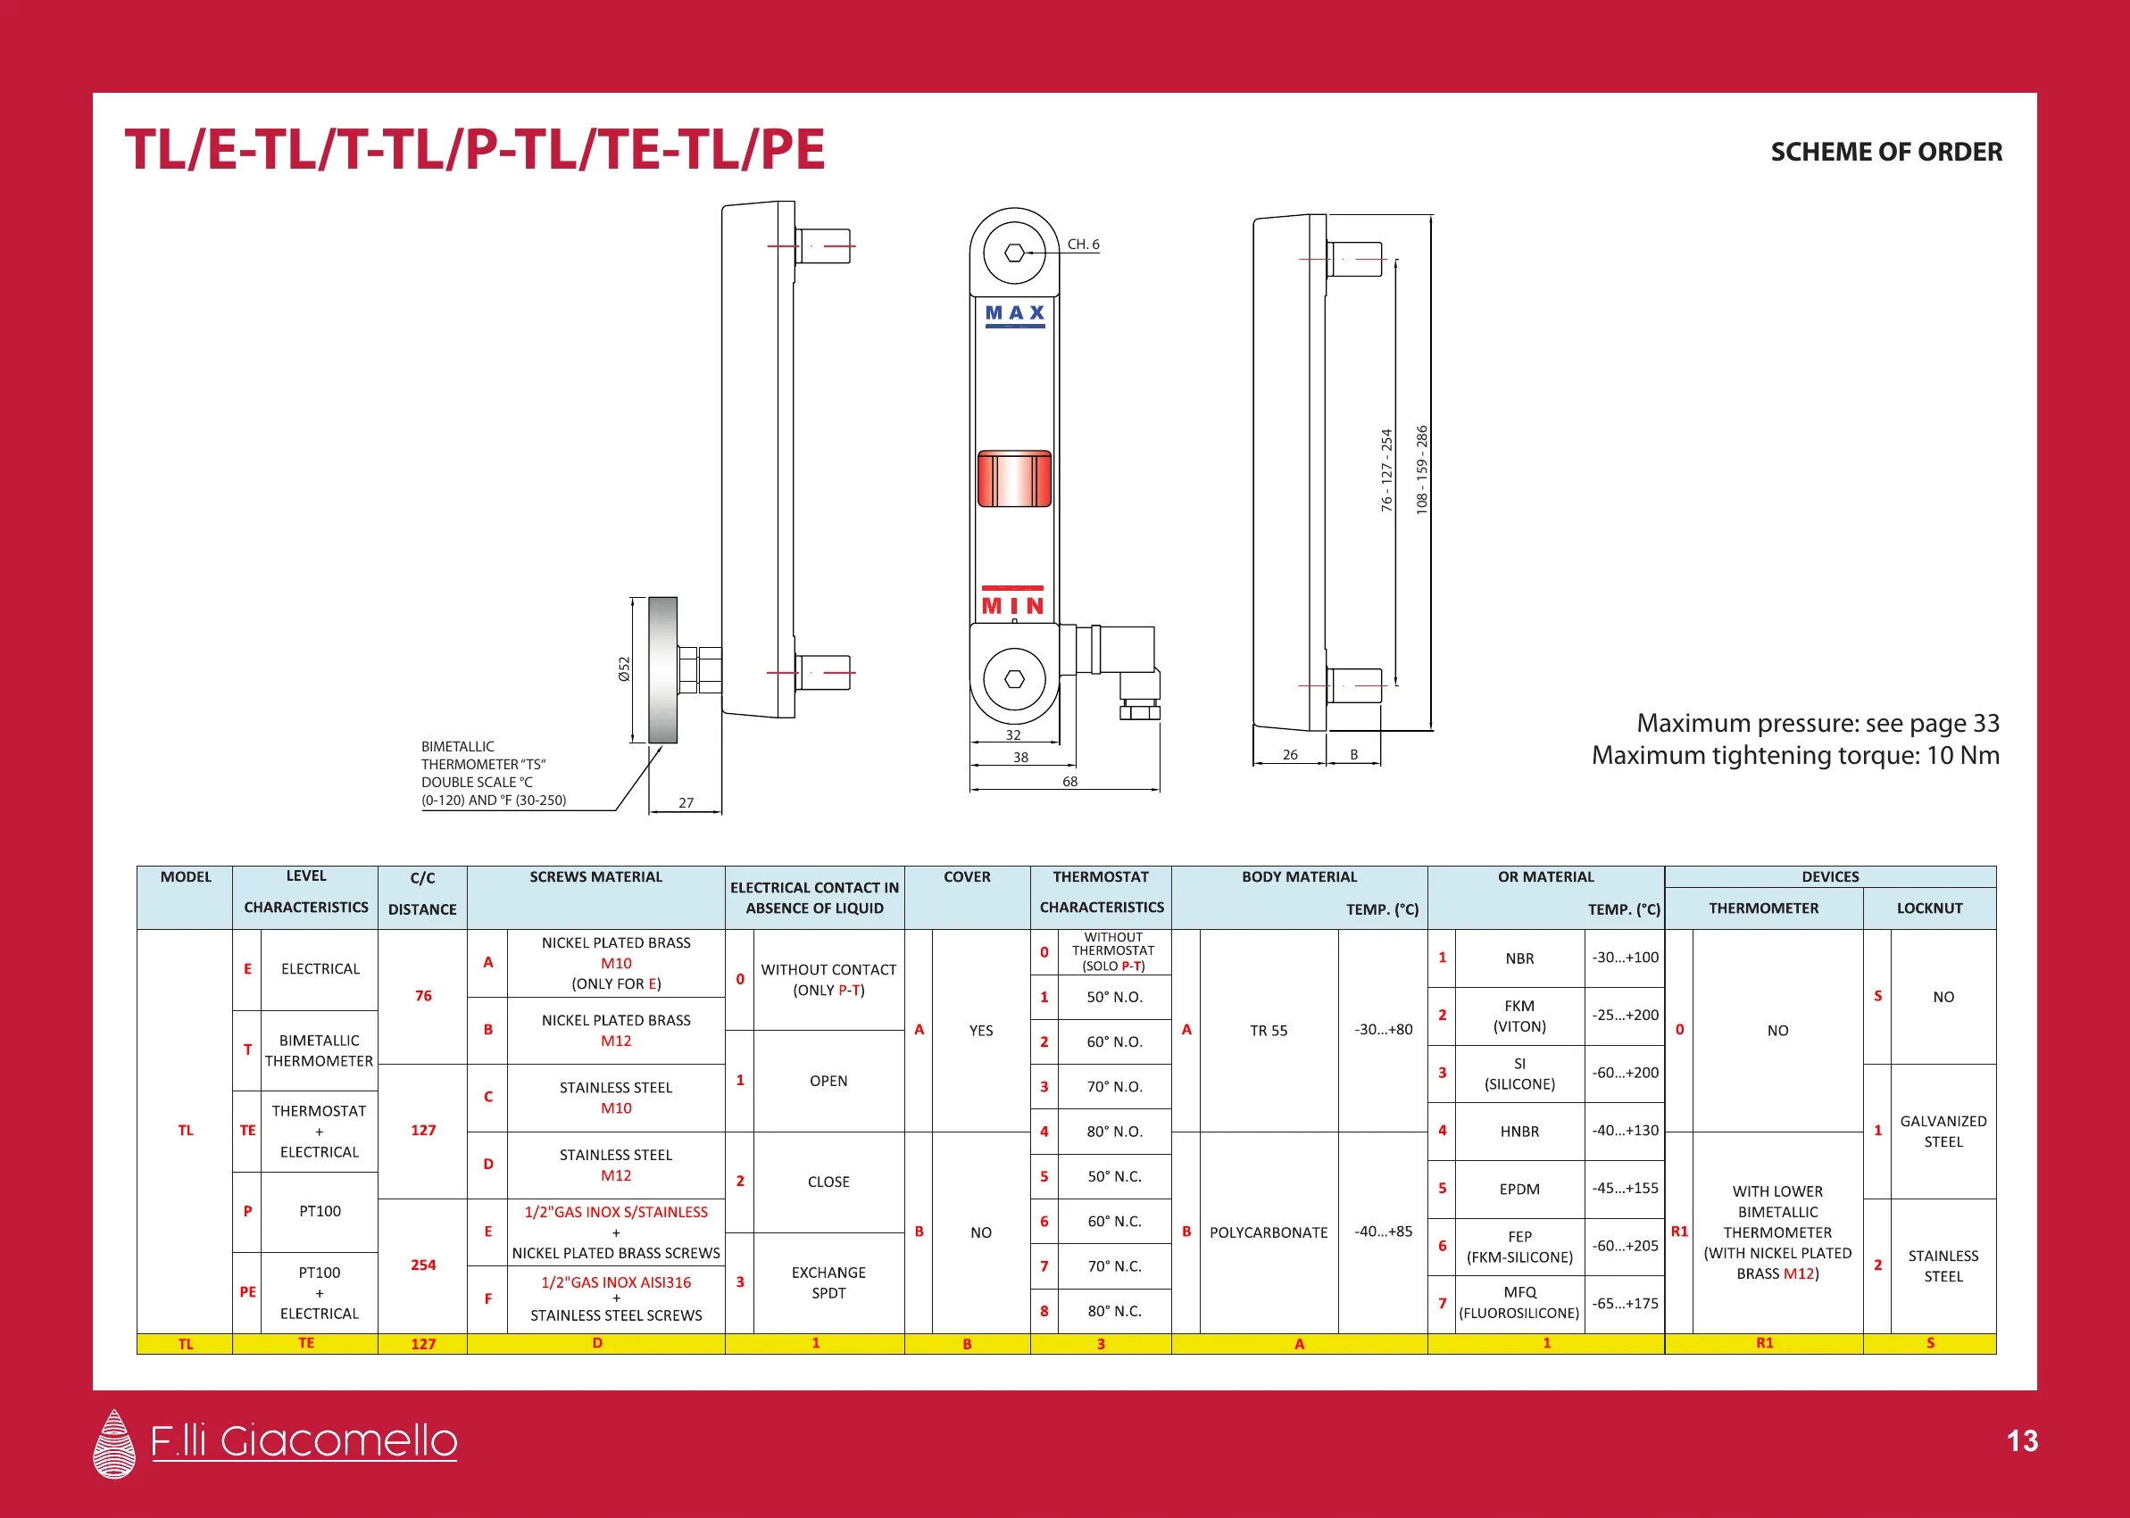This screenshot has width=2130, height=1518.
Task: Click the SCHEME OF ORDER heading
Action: click(1885, 152)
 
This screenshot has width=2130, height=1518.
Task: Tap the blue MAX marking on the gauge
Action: click(1014, 314)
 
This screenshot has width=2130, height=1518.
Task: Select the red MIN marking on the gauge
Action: click(1012, 606)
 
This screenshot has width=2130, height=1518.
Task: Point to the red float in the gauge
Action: click(1014, 477)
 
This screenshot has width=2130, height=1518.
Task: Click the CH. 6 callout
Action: click(1083, 244)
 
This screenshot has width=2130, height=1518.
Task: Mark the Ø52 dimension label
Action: click(624, 668)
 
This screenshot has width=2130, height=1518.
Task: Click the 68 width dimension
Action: click(1069, 782)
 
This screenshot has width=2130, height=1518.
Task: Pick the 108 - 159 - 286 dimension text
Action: click(1421, 469)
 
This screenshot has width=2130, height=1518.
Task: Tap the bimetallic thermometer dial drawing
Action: click(662, 669)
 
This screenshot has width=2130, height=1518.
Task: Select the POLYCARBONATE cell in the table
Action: click(1268, 1232)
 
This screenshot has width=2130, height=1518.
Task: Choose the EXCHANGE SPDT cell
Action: click(828, 1282)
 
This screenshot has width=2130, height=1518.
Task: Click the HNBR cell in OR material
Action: click(1518, 1131)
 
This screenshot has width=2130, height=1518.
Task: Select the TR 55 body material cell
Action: click(1268, 1030)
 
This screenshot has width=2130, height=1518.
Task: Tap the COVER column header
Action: click(966, 876)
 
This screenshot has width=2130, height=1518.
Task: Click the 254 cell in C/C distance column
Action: click(422, 1265)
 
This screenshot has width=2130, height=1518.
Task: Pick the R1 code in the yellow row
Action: click(1763, 1343)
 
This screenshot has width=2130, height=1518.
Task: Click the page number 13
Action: click(2022, 1440)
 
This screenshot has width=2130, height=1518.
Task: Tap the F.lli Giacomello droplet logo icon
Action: click(115, 1443)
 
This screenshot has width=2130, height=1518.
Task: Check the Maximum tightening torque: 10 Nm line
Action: click(1794, 755)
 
